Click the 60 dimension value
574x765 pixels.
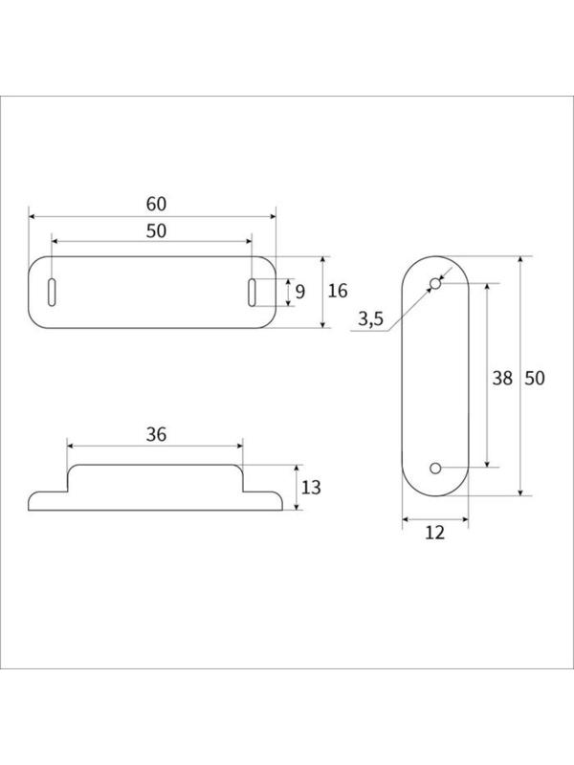click(x=156, y=204)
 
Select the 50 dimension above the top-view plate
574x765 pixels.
click(x=156, y=230)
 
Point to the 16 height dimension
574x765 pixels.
click(x=338, y=292)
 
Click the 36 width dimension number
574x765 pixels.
click(x=156, y=434)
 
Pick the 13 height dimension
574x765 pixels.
click(x=311, y=488)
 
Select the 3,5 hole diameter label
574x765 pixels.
click(x=370, y=320)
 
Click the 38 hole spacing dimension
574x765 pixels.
click(x=501, y=378)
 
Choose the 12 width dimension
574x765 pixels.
click(x=434, y=534)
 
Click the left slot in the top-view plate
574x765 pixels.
click(x=52, y=293)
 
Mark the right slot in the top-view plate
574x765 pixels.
click(x=252, y=293)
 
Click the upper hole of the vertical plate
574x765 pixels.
click(x=434, y=284)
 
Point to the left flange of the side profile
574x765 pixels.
click(x=48, y=500)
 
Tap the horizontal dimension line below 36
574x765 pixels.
click(x=115, y=447)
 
